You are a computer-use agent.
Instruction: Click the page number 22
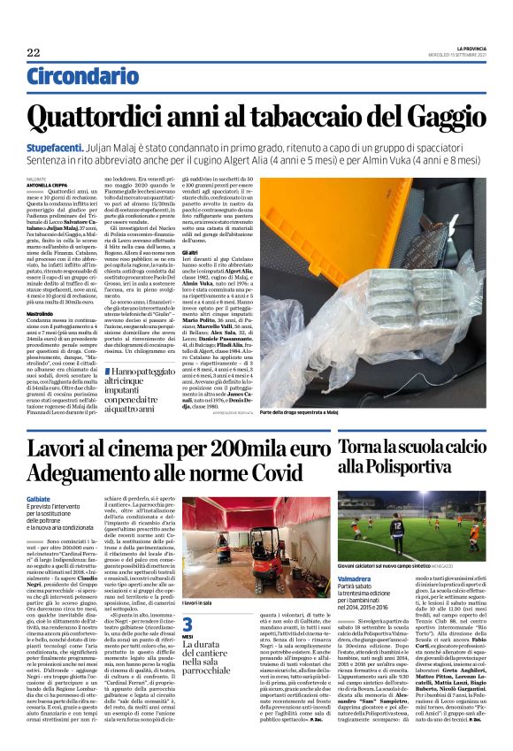34,53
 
